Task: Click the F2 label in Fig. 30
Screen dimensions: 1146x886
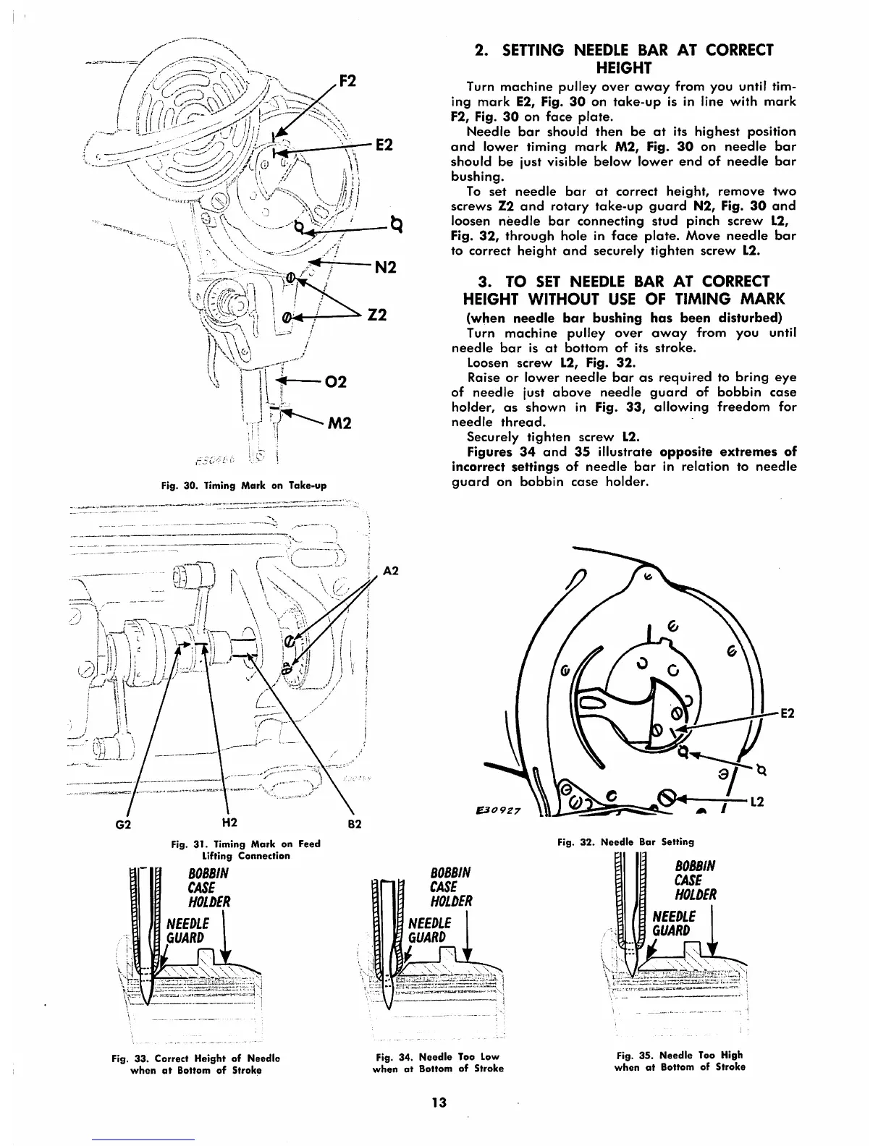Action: [x=349, y=80]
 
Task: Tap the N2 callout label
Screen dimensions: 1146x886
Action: [x=386, y=267]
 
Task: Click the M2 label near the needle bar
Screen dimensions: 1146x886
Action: [x=339, y=423]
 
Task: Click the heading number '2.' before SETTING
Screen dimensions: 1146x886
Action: [x=480, y=50]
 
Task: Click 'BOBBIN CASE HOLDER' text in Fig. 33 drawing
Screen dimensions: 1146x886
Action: [x=208, y=887]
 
